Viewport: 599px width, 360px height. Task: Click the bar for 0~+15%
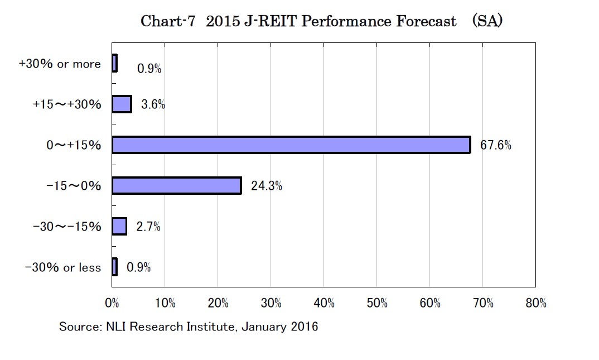(x=291, y=145)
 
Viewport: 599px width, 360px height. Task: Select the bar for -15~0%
(x=177, y=185)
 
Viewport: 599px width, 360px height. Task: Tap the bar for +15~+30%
(x=122, y=104)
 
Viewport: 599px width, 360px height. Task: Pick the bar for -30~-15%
(x=119, y=227)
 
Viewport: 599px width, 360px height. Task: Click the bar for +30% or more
(x=114, y=64)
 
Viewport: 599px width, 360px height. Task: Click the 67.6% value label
(x=496, y=146)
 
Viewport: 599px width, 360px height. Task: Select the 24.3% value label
(x=266, y=186)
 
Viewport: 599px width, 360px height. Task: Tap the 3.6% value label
(x=152, y=105)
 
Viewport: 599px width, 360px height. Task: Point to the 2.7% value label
(x=148, y=227)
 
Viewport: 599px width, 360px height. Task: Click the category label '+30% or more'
(x=60, y=64)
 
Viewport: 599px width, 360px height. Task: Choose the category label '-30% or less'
(x=63, y=268)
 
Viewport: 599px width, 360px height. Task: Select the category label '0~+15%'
(x=74, y=145)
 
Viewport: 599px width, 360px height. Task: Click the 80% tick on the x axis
(x=536, y=303)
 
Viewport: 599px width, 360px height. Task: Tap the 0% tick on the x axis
(x=113, y=303)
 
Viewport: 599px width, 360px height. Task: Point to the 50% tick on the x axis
(x=377, y=303)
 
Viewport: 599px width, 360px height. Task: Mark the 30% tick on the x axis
(x=271, y=303)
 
